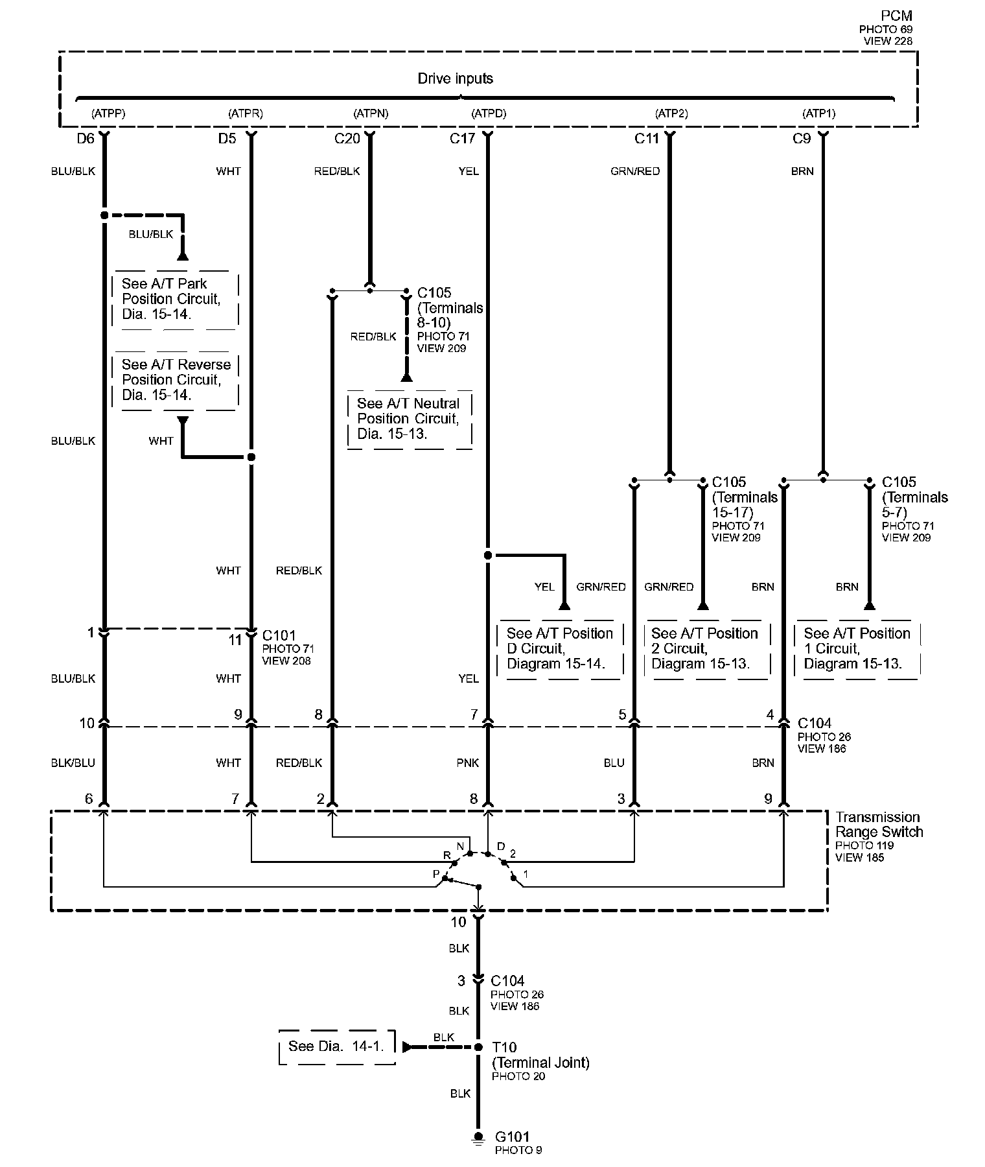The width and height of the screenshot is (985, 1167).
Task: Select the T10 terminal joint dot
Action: pyautogui.click(x=478, y=1047)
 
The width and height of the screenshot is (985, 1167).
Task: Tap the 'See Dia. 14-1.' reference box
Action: pyautogui.click(x=336, y=1046)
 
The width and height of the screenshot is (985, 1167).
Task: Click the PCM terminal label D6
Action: pyautogui.click(x=86, y=138)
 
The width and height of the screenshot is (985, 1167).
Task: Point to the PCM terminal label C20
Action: pyautogui.click(x=347, y=138)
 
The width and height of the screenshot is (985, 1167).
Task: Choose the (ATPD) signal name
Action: pyautogui.click(x=489, y=113)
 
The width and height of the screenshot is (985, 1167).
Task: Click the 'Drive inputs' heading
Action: pyautogui.click(x=455, y=78)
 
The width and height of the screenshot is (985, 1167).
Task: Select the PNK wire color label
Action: pyautogui.click(x=467, y=762)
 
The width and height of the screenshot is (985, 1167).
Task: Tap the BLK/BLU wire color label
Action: pyautogui.click(x=73, y=762)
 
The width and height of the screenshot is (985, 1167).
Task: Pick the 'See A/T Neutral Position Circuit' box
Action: pyautogui.click(x=409, y=419)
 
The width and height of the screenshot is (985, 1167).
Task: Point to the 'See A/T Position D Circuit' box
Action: pyautogui.click(x=559, y=648)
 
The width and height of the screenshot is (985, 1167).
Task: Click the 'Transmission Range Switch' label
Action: pyautogui.click(x=878, y=825)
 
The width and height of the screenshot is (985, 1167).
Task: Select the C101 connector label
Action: pyautogui.click(x=279, y=635)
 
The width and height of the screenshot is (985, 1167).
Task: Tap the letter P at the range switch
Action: pyautogui.click(x=436, y=874)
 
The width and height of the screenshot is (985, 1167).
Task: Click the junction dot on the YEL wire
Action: pyautogui.click(x=488, y=556)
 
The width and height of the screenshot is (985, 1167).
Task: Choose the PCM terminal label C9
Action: pyautogui.click(x=802, y=138)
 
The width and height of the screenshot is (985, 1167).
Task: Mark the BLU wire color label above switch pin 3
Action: pyautogui.click(x=613, y=762)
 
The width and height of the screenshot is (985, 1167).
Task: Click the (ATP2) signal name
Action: pyautogui.click(x=671, y=113)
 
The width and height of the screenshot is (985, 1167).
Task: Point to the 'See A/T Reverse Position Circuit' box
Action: pyautogui.click(x=176, y=380)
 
